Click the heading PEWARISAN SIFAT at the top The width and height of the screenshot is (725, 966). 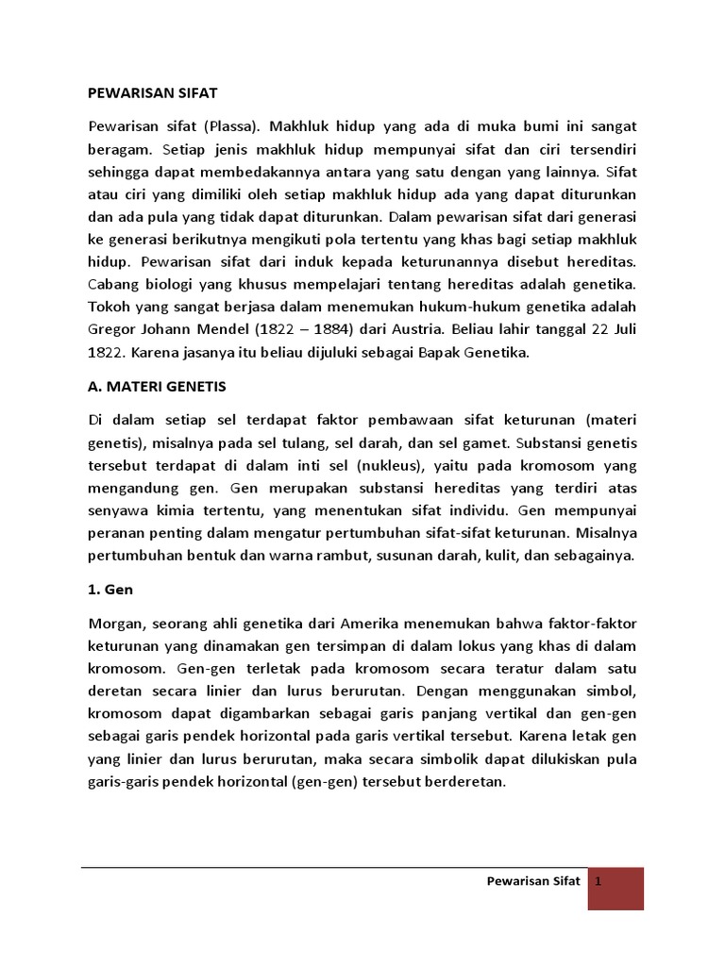tap(153, 93)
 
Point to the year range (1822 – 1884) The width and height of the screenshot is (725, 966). tap(312, 329)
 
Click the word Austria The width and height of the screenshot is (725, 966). tap(417, 329)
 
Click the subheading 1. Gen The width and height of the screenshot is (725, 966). tap(110, 590)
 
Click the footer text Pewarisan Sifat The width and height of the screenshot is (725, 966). tap(532, 882)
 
